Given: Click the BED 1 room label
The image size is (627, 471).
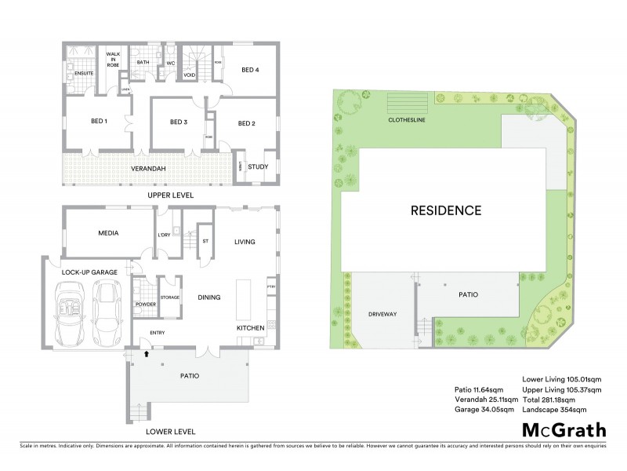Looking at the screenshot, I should tap(100, 122).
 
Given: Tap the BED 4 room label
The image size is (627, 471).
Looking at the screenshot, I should tap(250, 70).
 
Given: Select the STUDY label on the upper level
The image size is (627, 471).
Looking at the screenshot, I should tap(258, 166).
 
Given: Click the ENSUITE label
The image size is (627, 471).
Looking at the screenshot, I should tap(84, 73).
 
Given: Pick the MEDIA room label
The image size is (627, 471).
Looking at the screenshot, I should tap(108, 233).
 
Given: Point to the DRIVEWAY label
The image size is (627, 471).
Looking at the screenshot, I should tap(384, 313).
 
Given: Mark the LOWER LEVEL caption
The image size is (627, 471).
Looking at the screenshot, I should tap(170, 432).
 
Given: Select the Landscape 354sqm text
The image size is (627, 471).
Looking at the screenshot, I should tap(562, 408).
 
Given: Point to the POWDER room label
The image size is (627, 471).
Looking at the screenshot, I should tap(146, 304).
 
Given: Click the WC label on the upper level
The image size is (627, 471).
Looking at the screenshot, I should tap(169, 63).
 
